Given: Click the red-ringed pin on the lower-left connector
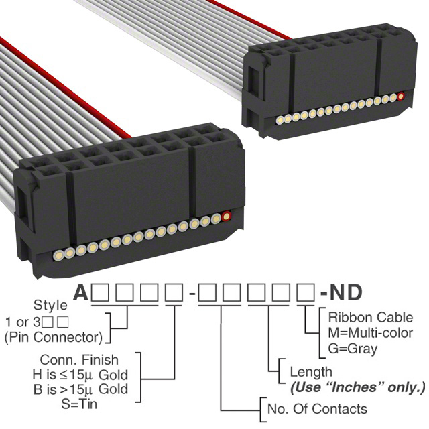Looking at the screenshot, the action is click(x=226, y=216).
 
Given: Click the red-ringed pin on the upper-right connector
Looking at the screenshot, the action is click(x=401, y=97).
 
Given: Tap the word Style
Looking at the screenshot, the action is click(x=50, y=305).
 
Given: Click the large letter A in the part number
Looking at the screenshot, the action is click(x=81, y=292).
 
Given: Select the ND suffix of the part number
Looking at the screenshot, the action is click(x=346, y=292).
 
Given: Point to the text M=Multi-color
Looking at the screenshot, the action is click(x=371, y=333).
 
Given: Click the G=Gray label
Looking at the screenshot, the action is click(x=353, y=349).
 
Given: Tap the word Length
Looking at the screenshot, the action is click(x=311, y=373).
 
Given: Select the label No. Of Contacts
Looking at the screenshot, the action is click(x=317, y=409).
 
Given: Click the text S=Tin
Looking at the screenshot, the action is click(x=79, y=404).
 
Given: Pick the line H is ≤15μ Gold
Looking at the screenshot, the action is click(x=80, y=375).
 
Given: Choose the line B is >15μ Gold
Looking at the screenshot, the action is click(x=80, y=389).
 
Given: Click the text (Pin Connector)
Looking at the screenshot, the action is click(x=54, y=337).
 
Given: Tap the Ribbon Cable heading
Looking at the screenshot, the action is click(x=371, y=318).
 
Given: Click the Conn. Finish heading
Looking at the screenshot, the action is click(x=79, y=360).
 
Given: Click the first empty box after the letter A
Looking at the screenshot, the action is click(x=100, y=292).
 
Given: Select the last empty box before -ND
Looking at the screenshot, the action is click(x=306, y=292).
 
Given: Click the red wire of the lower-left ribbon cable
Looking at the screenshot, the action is click(x=66, y=88).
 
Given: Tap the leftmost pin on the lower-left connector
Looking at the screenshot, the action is click(x=59, y=255).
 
